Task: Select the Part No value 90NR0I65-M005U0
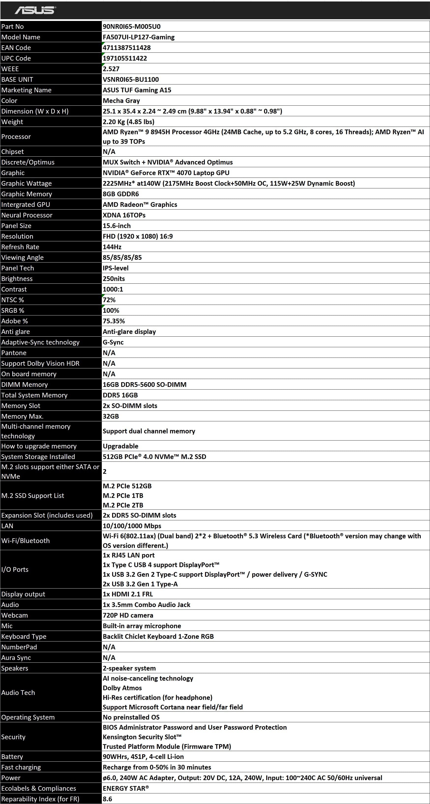[x=132, y=27]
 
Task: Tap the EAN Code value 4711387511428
[x=127, y=48]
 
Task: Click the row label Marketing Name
[x=26, y=90]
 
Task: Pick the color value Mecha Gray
[x=121, y=101]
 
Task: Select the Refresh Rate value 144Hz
[x=112, y=247]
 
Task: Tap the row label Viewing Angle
[x=22, y=258]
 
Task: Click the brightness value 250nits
[x=114, y=279]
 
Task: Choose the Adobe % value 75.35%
[x=114, y=321]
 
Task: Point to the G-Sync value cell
[x=113, y=342]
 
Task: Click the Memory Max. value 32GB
[x=111, y=416]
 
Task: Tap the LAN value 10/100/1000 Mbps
[x=132, y=526]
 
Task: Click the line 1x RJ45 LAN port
[x=129, y=555]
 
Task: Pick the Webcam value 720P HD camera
[x=128, y=615]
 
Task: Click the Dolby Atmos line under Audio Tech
[x=122, y=688]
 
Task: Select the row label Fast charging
[x=21, y=767]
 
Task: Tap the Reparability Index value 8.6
[x=107, y=799]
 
